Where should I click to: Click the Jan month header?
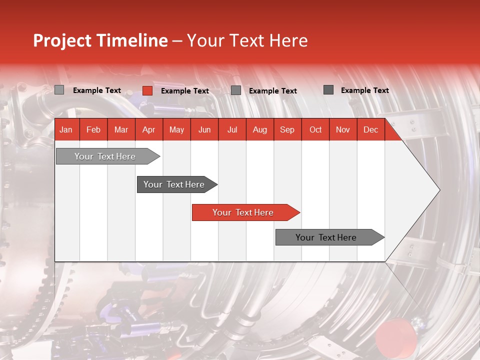pos(66,129)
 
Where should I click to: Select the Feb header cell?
pos(93,129)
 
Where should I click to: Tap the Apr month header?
pos(148,129)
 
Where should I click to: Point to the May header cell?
pos(176,129)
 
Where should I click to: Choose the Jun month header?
pos(204,129)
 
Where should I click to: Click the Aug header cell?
pos(259,129)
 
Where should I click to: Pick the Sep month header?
pos(287,129)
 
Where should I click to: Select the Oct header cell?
pos(315,129)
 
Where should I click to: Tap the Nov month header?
pos(343,129)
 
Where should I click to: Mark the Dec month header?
pos(370,129)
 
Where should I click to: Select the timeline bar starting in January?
pos(105,156)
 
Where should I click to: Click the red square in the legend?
pos(147,90)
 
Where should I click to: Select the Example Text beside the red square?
pos(185,91)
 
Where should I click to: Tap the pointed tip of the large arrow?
pos(438,190)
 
